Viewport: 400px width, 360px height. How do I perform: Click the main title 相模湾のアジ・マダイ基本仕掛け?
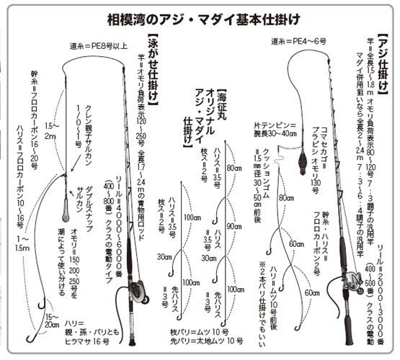click(x=198, y=14)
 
